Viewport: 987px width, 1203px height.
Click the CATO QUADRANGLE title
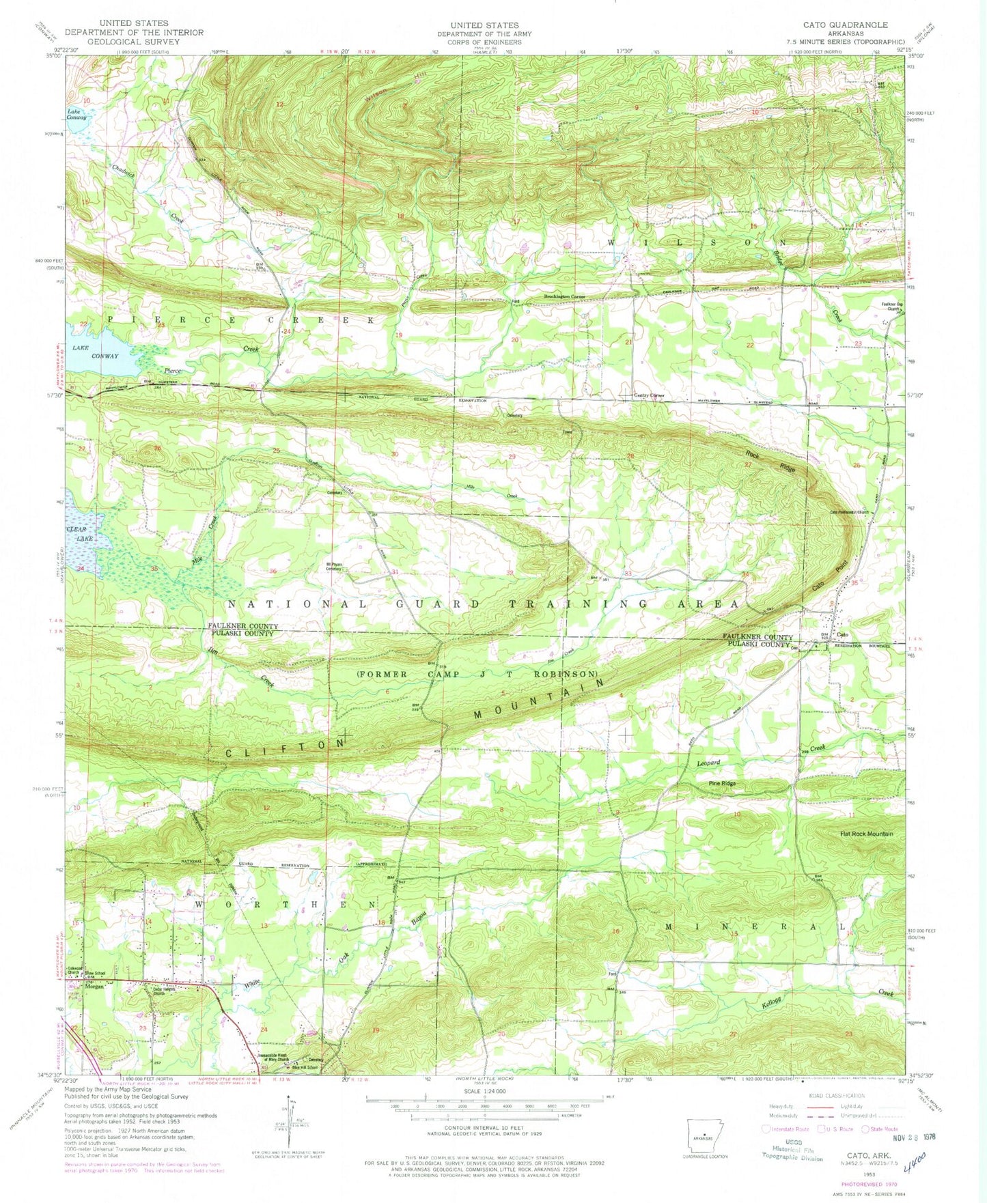click(845, 25)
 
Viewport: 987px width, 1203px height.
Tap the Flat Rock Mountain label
click(866, 834)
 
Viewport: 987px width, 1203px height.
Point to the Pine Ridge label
click(722, 783)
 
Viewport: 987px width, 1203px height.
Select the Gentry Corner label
click(649, 395)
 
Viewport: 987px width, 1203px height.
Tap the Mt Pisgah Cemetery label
click(333, 566)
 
